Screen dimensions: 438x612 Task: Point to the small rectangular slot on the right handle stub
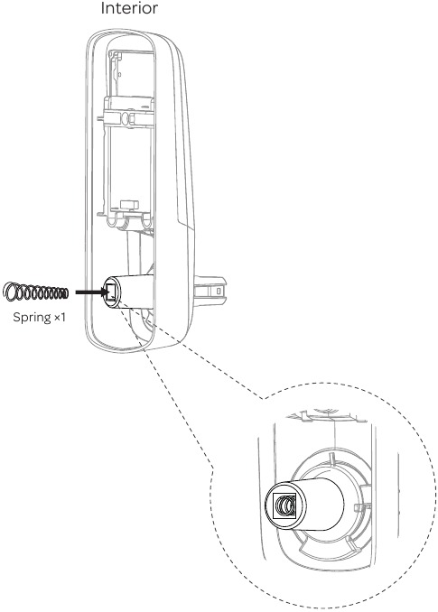tap(219, 293)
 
